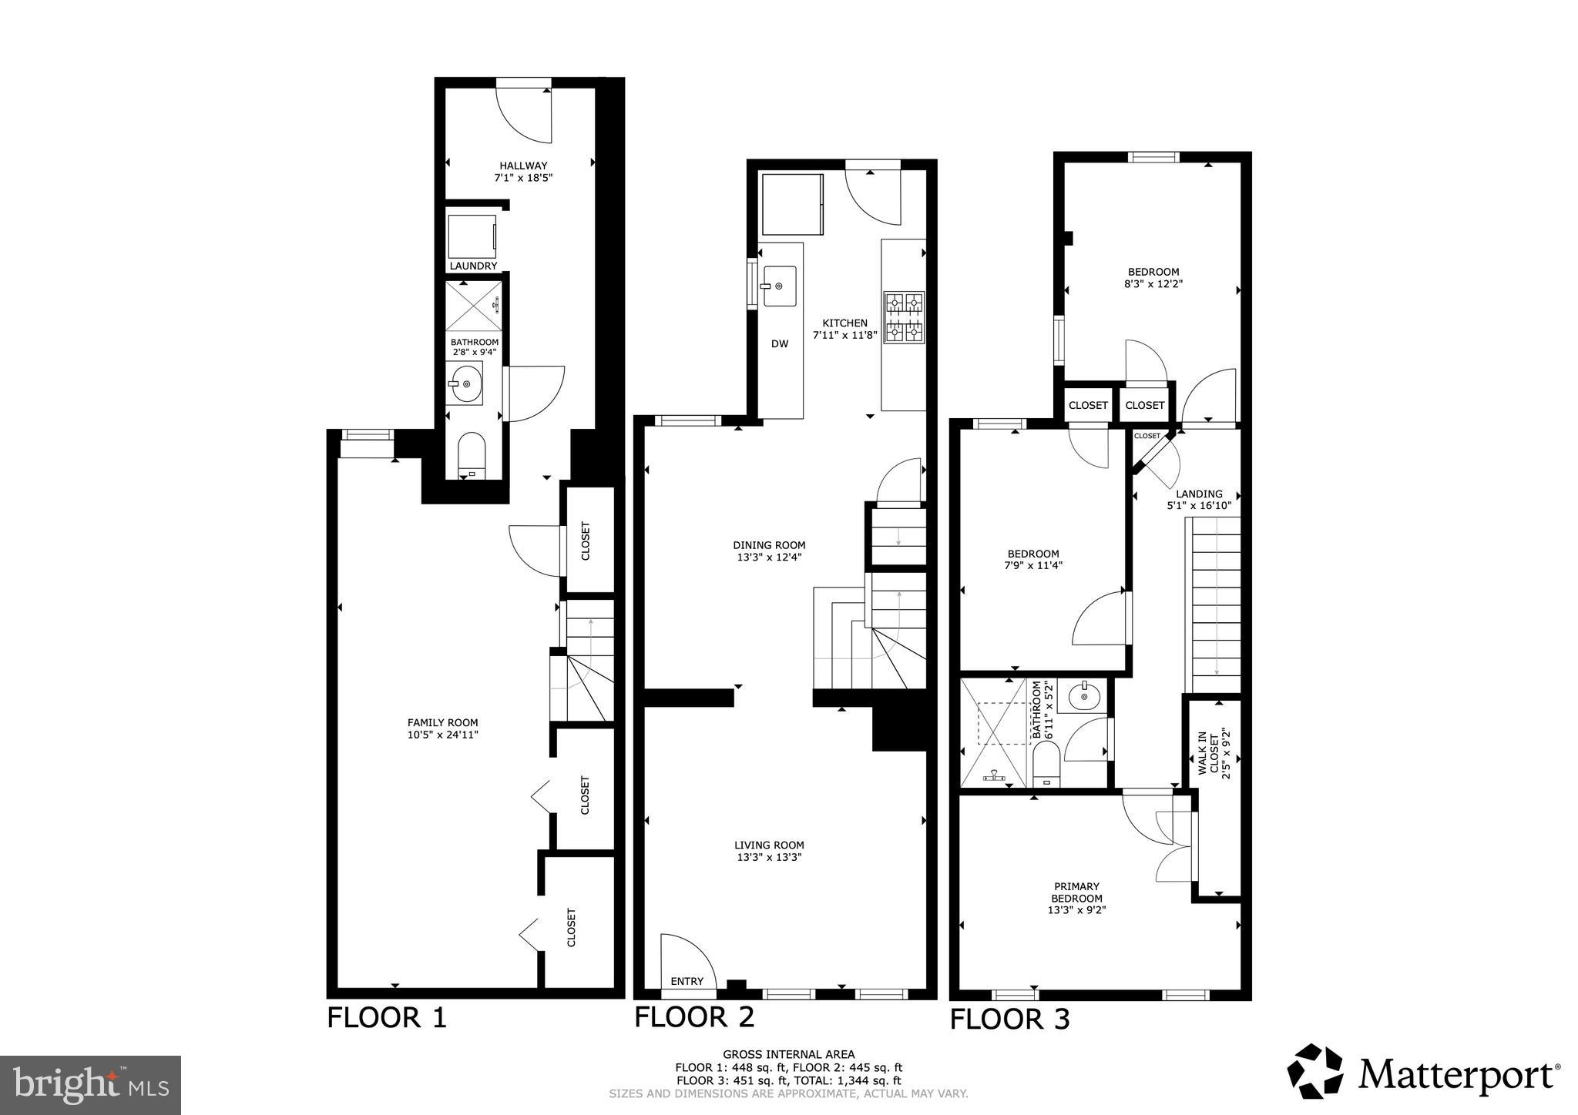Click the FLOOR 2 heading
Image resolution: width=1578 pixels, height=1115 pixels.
click(694, 1016)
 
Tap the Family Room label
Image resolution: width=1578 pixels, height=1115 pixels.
click(442, 722)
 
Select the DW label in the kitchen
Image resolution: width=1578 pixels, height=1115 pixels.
click(780, 344)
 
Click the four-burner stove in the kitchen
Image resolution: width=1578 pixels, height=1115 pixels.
click(904, 317)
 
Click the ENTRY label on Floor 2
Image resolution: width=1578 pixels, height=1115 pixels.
click(687, 981)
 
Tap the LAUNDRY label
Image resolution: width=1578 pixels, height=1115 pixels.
click(473, 266)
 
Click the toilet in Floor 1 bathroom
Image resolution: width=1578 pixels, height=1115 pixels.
click(471, 455)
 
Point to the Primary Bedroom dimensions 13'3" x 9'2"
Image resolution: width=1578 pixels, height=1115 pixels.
click(1076, 909)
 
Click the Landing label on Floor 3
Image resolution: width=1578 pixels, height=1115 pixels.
click(1199, 494)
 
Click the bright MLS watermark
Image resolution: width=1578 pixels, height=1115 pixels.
click(91, 1086)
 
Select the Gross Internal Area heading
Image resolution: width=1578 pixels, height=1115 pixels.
click(788, 1054)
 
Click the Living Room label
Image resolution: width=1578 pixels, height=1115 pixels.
click(768, 845)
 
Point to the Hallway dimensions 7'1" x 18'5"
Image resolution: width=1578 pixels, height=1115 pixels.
click(523, 178)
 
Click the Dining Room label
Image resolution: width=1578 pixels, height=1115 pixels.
click(769, 545)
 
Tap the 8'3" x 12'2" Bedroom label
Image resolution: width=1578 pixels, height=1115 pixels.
click(1153, 272)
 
